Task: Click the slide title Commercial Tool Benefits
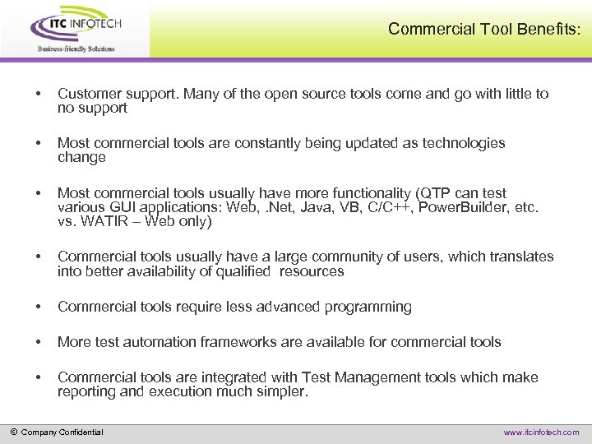point(483,29)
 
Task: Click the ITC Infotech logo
point(76,25)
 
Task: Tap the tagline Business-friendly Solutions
point(76,49)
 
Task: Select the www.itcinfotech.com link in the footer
point(540,432)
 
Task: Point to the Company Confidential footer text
point(62,432)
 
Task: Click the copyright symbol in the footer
point(13,432)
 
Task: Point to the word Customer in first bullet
point(88,94)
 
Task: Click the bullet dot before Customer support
point(35,94)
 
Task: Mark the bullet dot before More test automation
point(35,342)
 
